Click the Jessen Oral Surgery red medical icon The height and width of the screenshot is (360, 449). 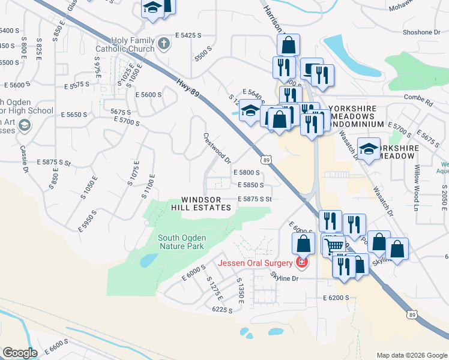301,262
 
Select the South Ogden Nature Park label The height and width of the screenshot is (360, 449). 181,242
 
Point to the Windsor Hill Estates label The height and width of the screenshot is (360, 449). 206,203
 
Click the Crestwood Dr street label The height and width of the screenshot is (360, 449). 217,148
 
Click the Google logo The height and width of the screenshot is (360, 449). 20,353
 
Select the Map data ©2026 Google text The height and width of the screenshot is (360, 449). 411,355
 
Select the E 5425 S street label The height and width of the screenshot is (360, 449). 188,36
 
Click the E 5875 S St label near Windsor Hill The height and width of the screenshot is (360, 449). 255,199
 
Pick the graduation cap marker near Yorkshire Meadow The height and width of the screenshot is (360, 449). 369,149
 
